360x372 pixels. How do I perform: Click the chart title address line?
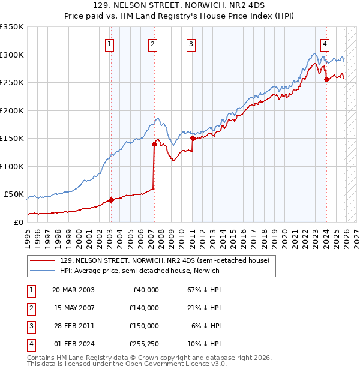pos(180,5)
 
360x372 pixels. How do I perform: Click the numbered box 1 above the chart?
pos(110,43)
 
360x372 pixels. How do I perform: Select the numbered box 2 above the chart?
pos(153,43)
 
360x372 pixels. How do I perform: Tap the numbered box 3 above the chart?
pos(191,43)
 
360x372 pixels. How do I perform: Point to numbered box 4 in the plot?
pos(325,43)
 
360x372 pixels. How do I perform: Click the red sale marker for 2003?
pos(111,200)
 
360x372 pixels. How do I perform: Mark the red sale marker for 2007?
pos(154,144)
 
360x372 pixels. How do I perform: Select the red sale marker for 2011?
pos(193,138)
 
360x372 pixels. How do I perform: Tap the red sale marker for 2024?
pos(326,79)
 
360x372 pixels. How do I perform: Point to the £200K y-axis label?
pos(12,110)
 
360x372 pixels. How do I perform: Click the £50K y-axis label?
pos(14,194)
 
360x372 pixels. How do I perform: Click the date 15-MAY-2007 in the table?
pos(73,308)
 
